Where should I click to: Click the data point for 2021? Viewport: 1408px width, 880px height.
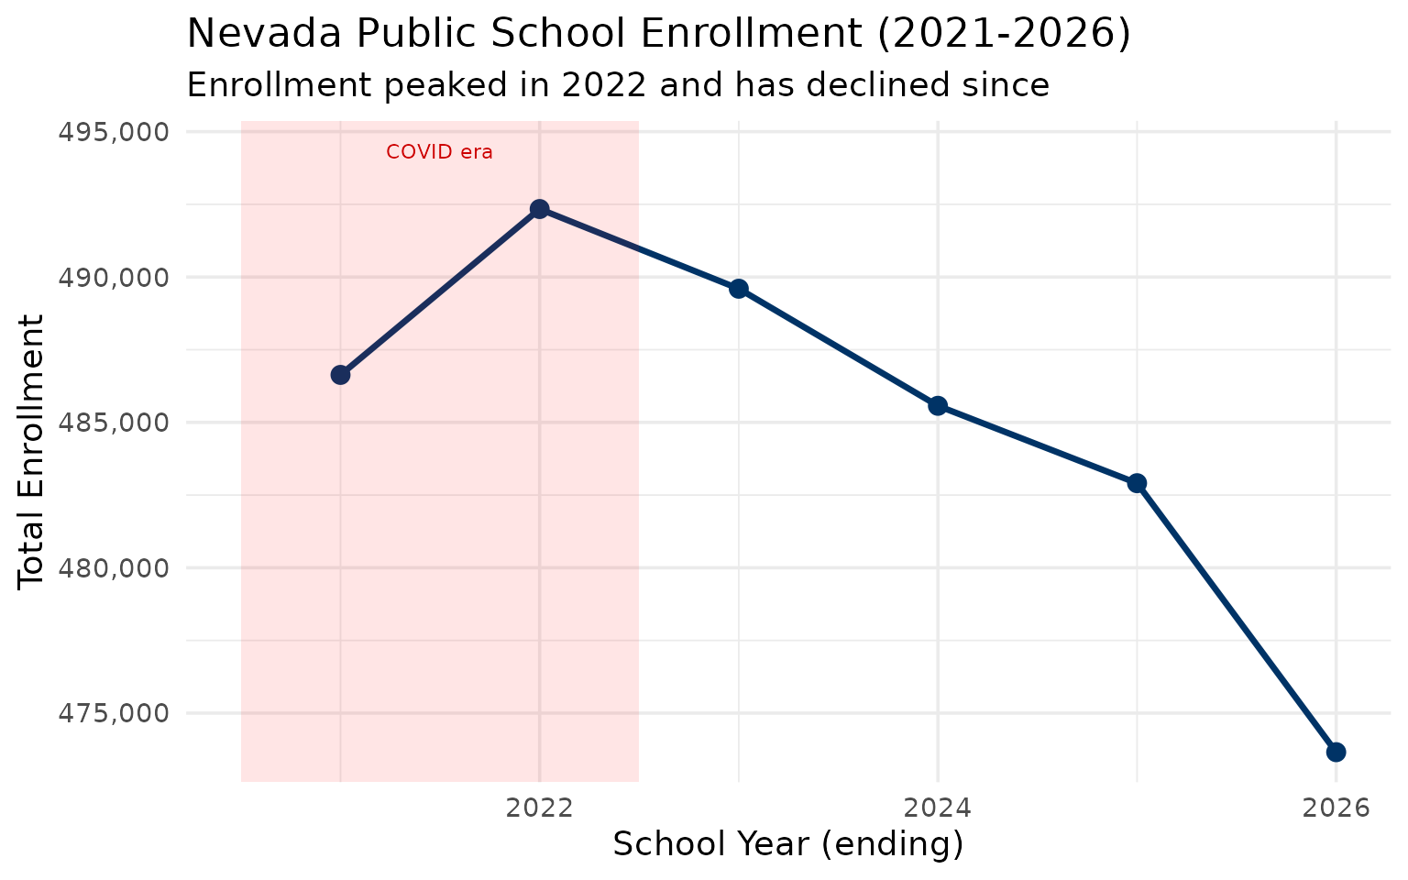point(340,374)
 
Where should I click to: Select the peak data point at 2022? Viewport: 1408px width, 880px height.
point(540,209)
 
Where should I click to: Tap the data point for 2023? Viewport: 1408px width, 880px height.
point(739,289)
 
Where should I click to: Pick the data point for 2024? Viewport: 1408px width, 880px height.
point(938,405)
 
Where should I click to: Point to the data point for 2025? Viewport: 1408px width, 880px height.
point(1137,483)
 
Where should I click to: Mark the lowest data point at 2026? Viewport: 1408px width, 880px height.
point(1336,752)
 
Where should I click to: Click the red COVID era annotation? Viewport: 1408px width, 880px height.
point(439,152)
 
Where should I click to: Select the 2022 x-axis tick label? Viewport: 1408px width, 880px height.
point(540,808)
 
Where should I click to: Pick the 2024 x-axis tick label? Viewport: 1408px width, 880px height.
point(938,808)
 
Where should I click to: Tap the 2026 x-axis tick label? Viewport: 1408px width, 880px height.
point(1336,808)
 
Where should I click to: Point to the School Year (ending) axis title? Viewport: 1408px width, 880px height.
point(787,844)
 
